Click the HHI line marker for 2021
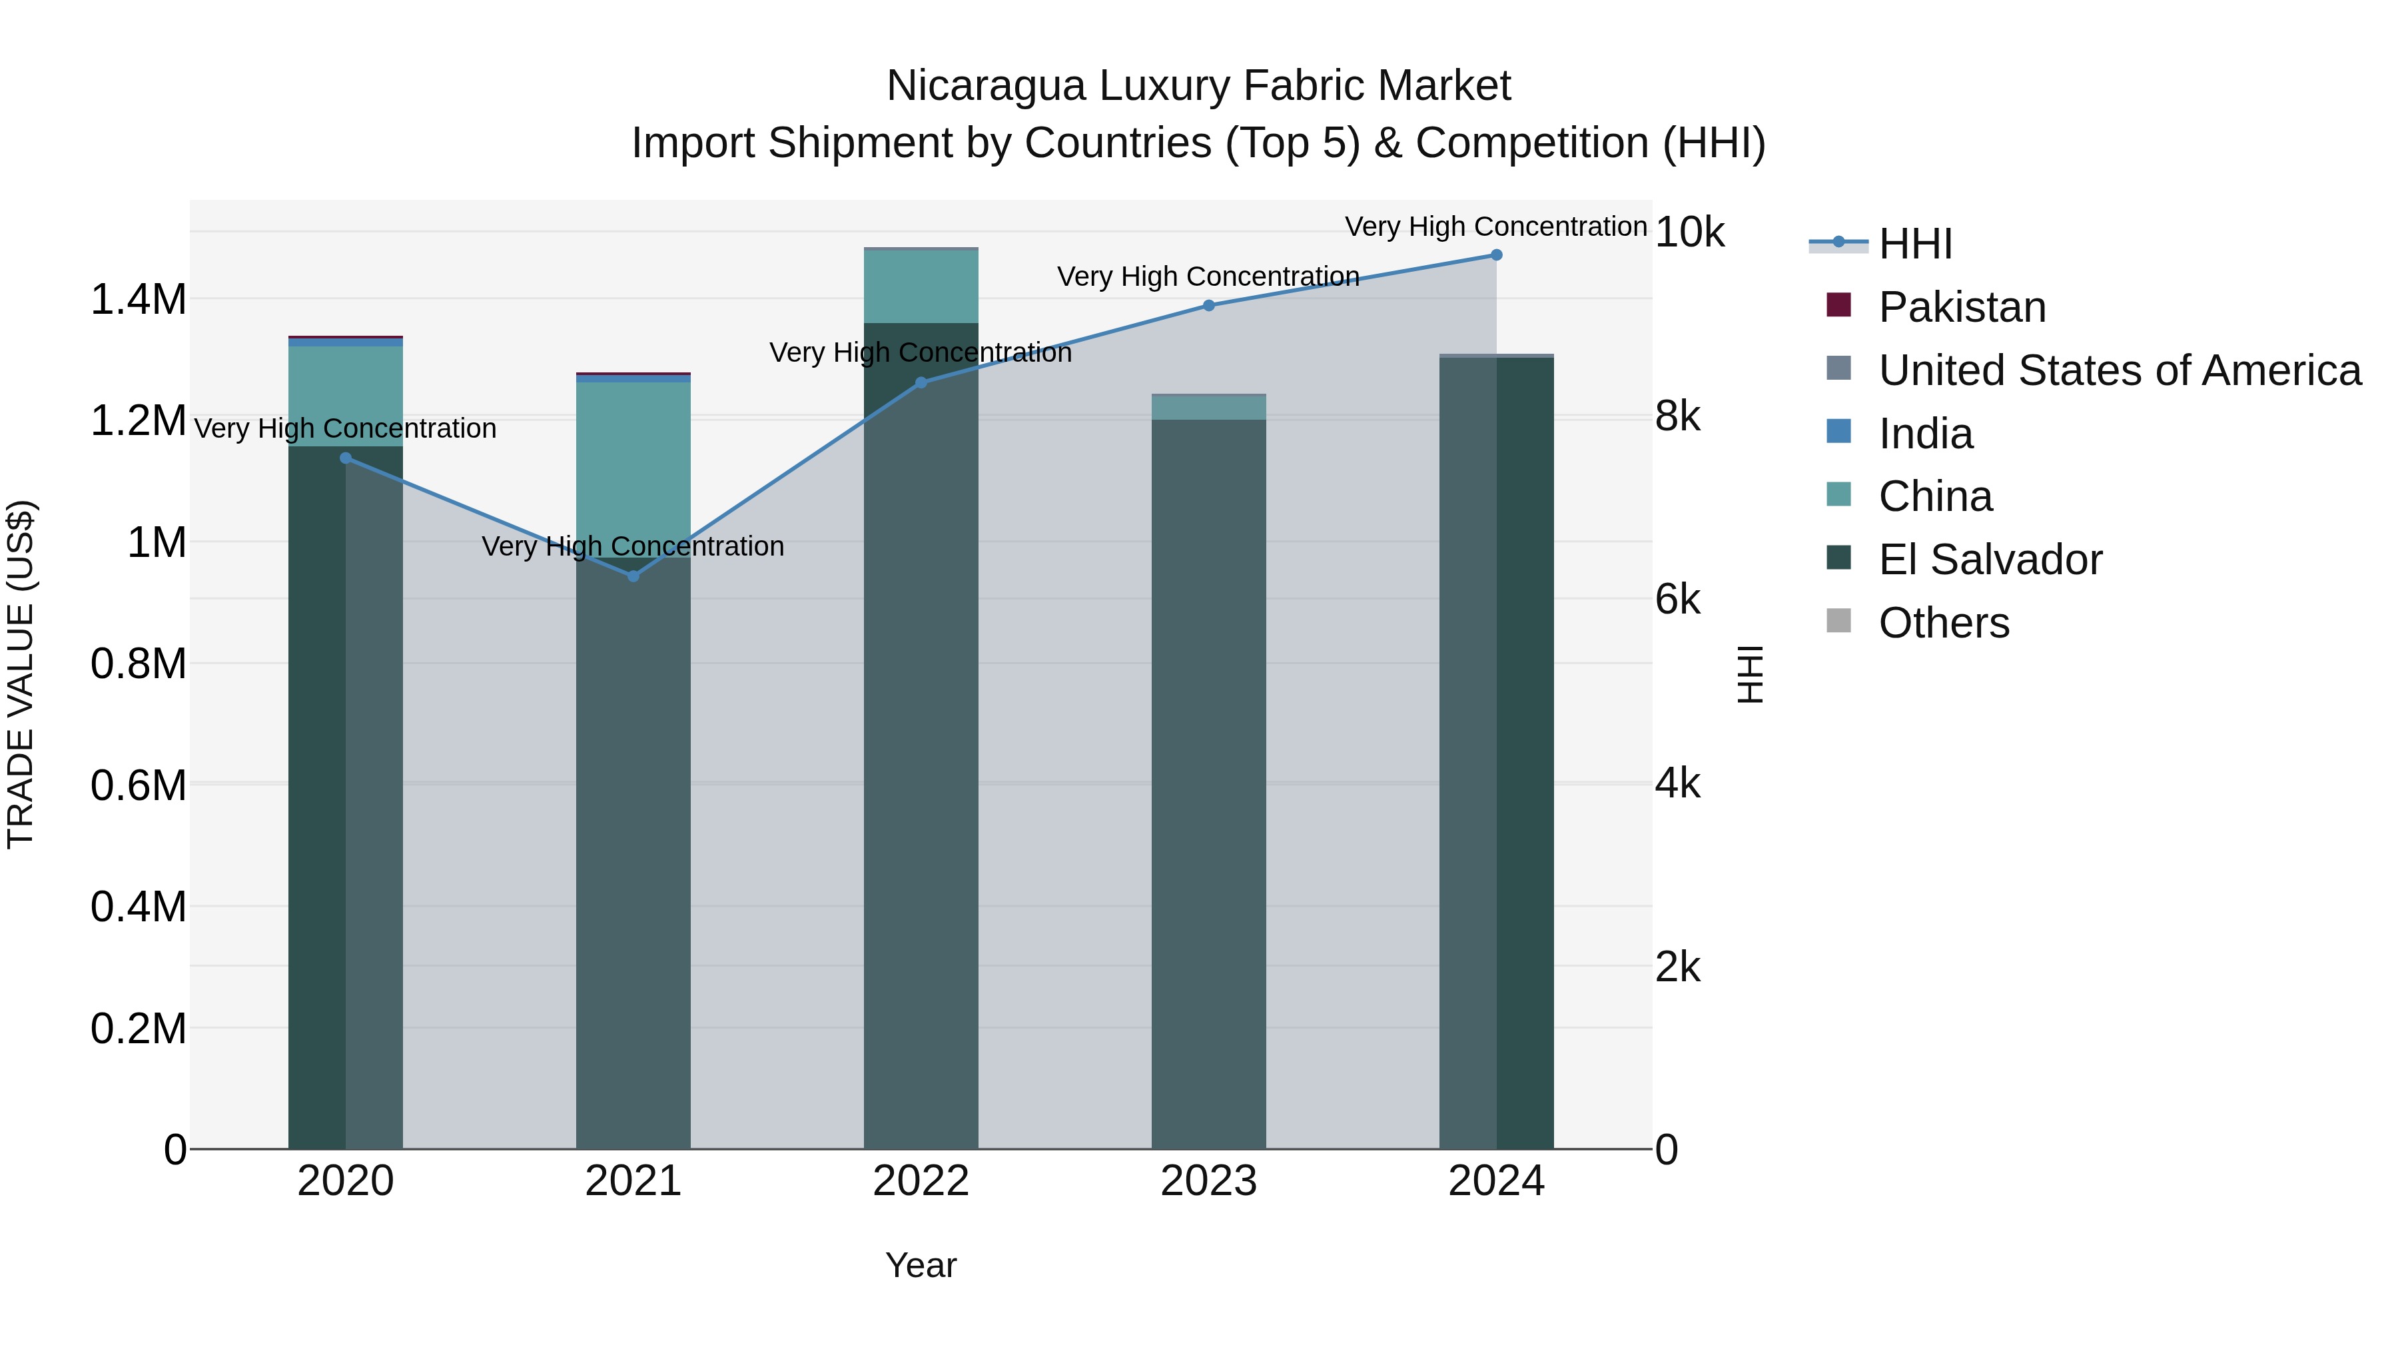click(x=633, y=576)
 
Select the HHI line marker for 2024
click(x=1496, y=255)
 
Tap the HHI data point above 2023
click(x=1208, y=305)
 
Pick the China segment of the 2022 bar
click(x=921, y=286)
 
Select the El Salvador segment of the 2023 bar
click(x=1208, y=782)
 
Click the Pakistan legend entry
click(x=1962, y=307)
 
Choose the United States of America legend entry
click(x=2119, y=370)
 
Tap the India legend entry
click(x=1925, y=434)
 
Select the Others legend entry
click(x=1943, y=623)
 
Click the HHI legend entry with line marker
click(x=1915, y=244)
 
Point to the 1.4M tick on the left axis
click(x=138, y=300)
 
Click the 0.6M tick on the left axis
click(x=138, y=785)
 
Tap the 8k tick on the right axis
click(x=1677, y=416)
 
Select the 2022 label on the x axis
click(x=921, y=1181)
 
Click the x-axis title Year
click(x=921, y=1265)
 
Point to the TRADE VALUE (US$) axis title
click(x=21, y=674)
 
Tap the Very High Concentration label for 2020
click(x=345, y=428)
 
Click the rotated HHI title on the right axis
click(x=1750, y=674)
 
